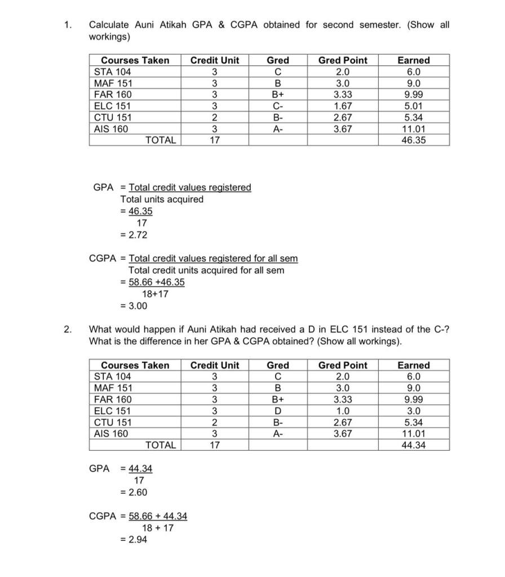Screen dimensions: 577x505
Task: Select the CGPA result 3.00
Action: click(x=136, y=306)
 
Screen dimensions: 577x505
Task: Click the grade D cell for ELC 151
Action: click(x=277, y=411)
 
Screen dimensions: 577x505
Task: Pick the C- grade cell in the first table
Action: click(x=277, y=106)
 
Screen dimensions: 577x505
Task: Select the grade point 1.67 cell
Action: click(x=343, y=106)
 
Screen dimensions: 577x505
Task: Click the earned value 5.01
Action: click(x=414, y=106)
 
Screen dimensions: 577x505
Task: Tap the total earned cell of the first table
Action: click(x=414, y=140)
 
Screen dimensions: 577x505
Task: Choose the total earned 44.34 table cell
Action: click(x=414, y=445)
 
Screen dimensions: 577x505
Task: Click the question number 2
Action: click(x=68, y=330)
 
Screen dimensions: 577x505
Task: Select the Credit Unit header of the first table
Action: click(x=215, y=60)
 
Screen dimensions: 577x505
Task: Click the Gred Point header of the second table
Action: click(x=343, y=365)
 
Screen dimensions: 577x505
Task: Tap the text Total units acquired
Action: click(x=162, y=199)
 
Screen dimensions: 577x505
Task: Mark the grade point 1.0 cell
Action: click(x=343, y=411)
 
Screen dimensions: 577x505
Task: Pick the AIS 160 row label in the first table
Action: click(x=111, y=129)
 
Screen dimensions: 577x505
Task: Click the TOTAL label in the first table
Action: click(x=161, y=140)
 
